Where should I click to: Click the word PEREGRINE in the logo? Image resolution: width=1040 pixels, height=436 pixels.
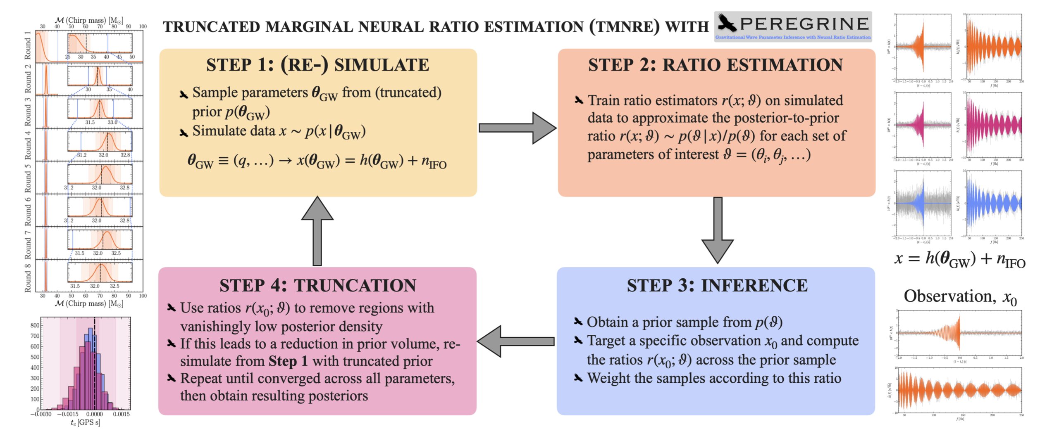pos(804,24)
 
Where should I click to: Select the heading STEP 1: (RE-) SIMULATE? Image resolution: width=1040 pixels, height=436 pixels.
pos(317,65)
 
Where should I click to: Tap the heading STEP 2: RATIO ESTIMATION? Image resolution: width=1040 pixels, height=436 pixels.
pos(716,65)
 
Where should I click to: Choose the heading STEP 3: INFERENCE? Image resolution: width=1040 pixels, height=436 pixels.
pos(717,285)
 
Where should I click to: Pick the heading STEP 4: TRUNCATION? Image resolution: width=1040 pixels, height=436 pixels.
pos(317,285)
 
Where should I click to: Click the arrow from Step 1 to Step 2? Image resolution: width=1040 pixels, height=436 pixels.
pos(517,128)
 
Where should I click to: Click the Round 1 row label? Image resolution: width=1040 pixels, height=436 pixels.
pos(28,45)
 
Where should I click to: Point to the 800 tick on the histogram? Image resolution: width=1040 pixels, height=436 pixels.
pos(35,325)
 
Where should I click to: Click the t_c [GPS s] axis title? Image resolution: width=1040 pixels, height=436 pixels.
pos(85,423)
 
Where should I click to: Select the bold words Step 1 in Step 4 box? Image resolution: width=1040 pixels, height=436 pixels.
pos(288,361)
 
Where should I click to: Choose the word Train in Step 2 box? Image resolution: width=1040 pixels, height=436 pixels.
pos(605,100)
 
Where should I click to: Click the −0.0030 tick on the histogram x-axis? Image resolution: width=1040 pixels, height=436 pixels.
pos(41,414)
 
